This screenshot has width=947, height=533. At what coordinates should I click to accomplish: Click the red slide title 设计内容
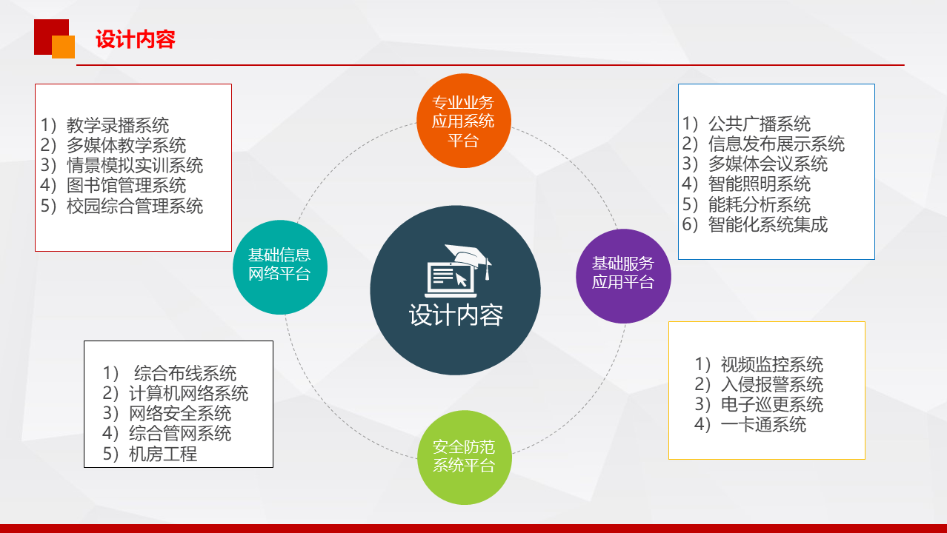pyautogui.click(x=136, y=39)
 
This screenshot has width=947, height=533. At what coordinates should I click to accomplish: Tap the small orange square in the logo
pyautogui.click(x=64, y=47)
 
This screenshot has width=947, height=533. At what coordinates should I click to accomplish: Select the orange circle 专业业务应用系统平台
pyautogui.click(x=464, y=121)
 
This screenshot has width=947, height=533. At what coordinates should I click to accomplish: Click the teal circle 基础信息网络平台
pyautogui.click(x=280, y=267)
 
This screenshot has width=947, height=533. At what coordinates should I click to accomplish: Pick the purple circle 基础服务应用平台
pyautogui.click(x=623, y=276)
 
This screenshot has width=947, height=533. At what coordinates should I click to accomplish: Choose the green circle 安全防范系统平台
pyautogui.click(x=464, y=457)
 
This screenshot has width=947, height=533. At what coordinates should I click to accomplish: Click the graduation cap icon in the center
pyautogui.click(x=469, y=258)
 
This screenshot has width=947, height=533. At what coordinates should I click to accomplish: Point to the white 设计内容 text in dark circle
pyautogui.click(x=456, y=315)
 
